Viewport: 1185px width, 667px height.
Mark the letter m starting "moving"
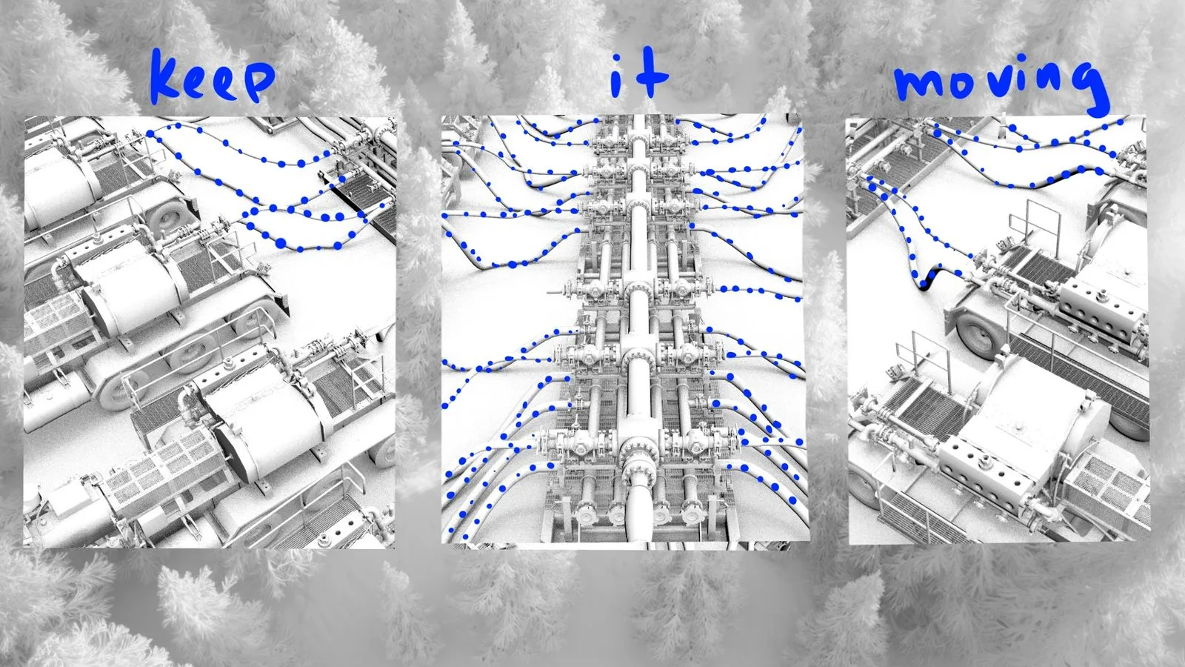[x=918, y=84]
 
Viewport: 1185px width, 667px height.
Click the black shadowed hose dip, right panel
[x=926, y=280]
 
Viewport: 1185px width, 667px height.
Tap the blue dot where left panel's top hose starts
[x=150, y=134]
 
